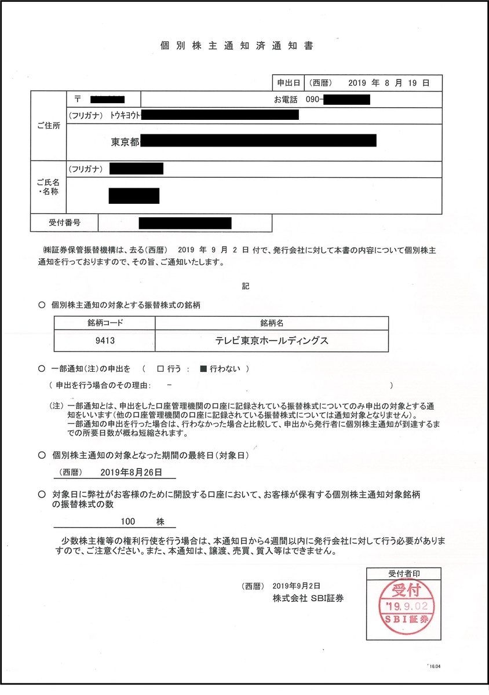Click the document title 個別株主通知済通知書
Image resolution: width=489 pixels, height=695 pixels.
click(236, 46)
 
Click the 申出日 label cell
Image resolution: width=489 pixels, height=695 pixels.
click(288, 83)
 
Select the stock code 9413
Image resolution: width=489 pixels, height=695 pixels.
click(104, 341)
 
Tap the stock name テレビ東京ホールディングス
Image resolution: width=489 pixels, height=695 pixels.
click(272, 341)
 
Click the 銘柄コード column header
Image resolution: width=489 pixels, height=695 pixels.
click(104, 323)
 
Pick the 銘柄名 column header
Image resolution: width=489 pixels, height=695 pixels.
click(272, 323)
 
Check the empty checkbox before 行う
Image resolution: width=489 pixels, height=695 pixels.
click(160, 368)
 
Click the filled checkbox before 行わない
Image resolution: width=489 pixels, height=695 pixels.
click(203, 368)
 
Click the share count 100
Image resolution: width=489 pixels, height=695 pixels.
click(128, 521)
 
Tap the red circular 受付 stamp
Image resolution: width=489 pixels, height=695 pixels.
click(404, 604)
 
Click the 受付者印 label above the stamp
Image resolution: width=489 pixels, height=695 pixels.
click(404, 573)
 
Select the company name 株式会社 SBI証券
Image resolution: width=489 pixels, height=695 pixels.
click(309, 598)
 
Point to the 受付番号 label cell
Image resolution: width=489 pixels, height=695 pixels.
click(64, 222)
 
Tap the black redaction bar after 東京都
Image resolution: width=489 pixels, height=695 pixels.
click(258, 140)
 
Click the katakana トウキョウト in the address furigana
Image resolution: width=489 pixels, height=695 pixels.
click(125, 115)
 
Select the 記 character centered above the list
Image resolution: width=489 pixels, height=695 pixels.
click(245, 286)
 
